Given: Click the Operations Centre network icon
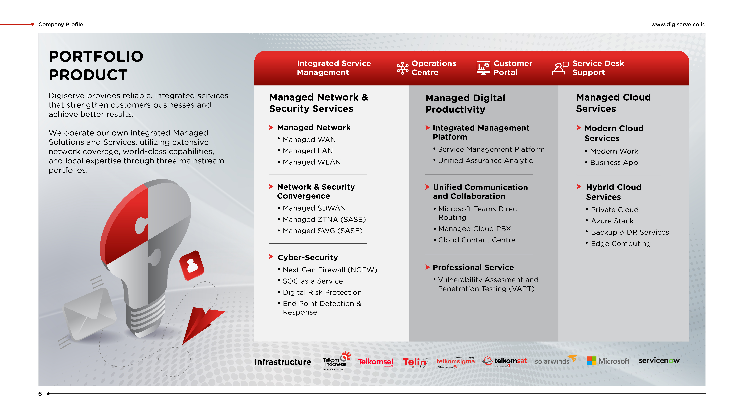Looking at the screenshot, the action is coord(402,68).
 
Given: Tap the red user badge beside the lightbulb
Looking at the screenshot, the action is coord(191,265).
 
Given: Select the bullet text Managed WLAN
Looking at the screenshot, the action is coord(312,162).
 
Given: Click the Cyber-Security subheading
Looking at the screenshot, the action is coord(308,257).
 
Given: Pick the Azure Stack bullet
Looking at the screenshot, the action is coord(612,221).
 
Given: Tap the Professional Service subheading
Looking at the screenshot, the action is coord(473,268).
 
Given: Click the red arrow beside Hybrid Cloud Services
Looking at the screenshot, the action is coord(579,187).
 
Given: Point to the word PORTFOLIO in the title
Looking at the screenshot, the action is coord(96,56).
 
